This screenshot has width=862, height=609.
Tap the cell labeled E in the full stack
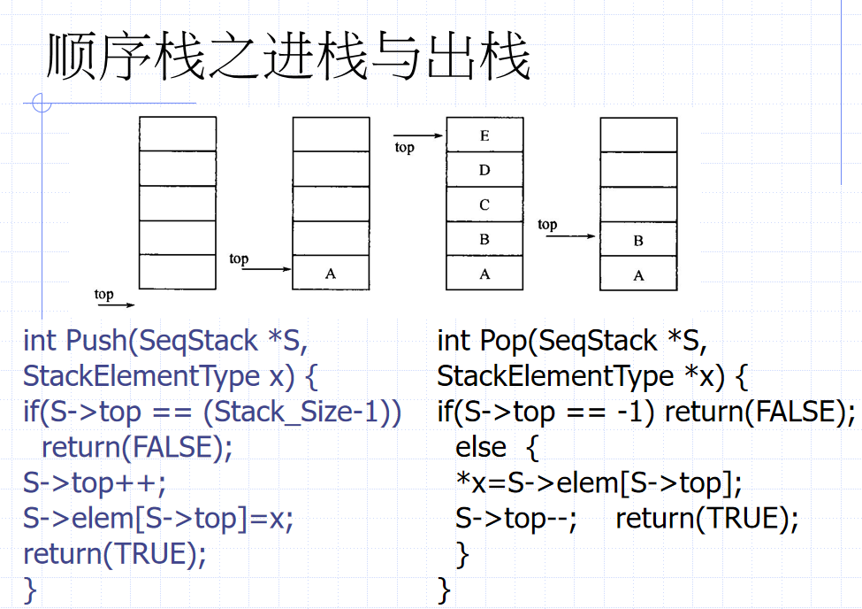click(x=484, y=135)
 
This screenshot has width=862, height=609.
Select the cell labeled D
click(x=484, y=170)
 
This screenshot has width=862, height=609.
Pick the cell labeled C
click(x=484, y=204)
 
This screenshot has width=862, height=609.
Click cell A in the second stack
click(x=331, y=273)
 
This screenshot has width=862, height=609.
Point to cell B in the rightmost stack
click(x=638, y=240)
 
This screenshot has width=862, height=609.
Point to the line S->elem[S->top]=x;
click(x=157, y=519)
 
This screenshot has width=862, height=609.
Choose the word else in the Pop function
click(x=481, y=448)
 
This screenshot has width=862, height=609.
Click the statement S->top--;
click(x=516, y=519)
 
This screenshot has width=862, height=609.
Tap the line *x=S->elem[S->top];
click(x=599, y=483)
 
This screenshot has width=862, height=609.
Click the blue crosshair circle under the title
click(x=41, y=104)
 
